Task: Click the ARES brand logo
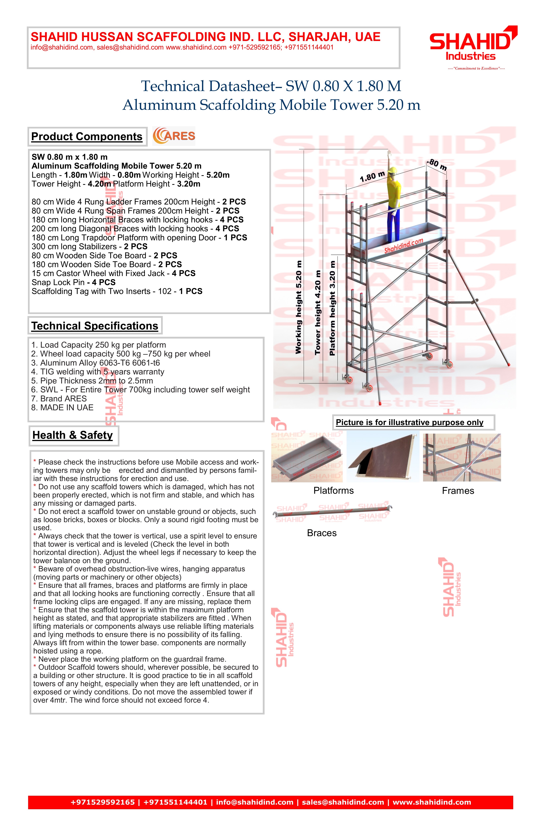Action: [x=174, y=136]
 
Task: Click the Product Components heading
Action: [x=87, y=137]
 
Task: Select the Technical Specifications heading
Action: [x=94, y=326]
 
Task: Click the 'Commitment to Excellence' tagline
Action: [x=476, y=68]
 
